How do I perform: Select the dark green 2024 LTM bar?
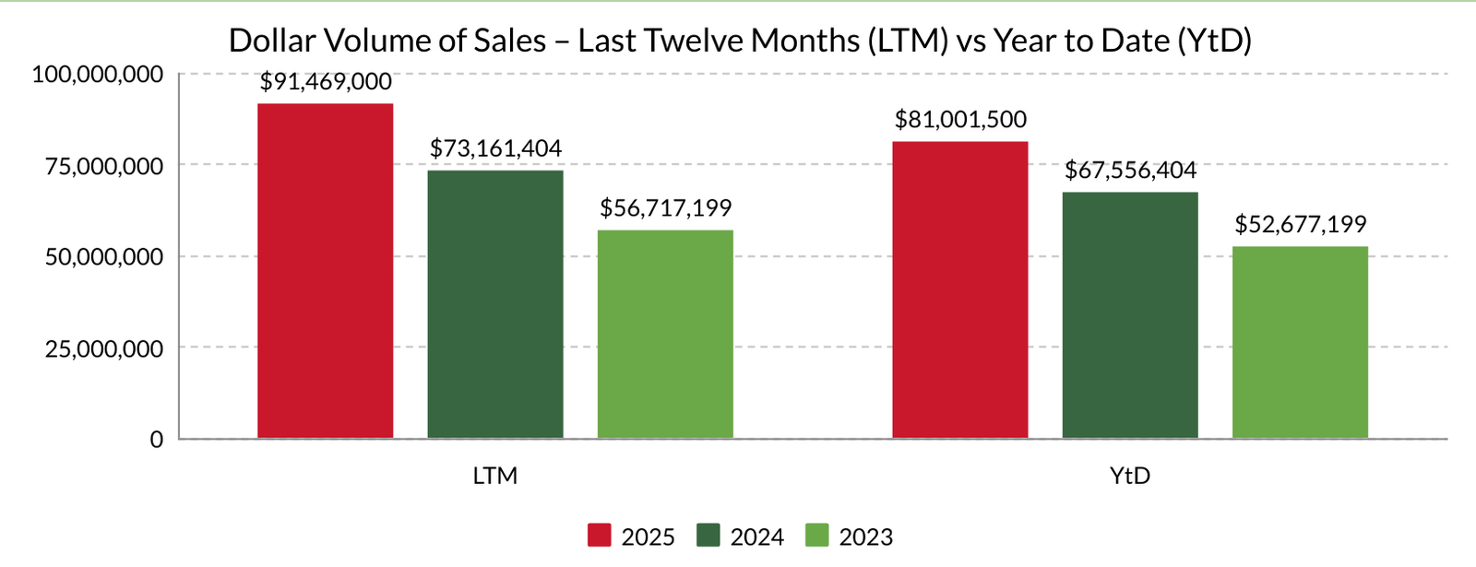[x=495, y=304]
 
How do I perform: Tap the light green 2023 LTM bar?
[x=665, y=334]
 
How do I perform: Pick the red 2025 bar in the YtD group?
[x=960, y=289]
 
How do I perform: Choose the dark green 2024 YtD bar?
[x=1130, y=314]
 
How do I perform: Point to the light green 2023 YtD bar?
[x=1300, y=342]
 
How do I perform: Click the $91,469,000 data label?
[x=326, y=82]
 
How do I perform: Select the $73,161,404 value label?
[x=495, y=148]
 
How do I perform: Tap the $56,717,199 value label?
[x=665, y=208]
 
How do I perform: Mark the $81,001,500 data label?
[x=960, y=120]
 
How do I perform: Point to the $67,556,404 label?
[x=1130, y=171]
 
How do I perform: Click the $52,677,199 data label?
[x=1300, y=224]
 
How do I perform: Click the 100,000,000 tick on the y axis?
[x=98, y=74]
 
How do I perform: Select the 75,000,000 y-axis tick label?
[x=104, y=166]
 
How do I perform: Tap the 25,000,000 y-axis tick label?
[x=104, y=348]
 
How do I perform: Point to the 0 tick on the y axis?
[x=157, y=440]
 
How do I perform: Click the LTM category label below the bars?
[x=495, y=477]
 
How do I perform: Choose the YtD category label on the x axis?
[x=1130, y=477]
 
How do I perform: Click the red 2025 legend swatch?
[x=599, y=536]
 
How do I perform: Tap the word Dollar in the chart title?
[x=271, y=41]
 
